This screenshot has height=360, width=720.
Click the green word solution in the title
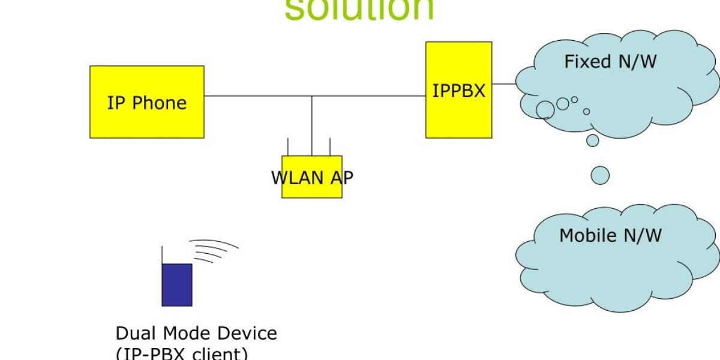point(359,9)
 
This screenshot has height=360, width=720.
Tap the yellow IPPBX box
point(458,114)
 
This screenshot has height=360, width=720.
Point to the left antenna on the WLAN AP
point(288,147)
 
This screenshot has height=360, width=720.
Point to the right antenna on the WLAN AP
point(330,147)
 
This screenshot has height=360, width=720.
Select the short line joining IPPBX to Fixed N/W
point(504,84)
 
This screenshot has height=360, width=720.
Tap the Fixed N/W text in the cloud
point(610,61)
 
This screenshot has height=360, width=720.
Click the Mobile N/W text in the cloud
point(610,235)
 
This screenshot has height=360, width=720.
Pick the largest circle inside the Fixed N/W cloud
point(545,110)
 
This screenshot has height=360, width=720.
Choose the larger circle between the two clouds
point(600,175)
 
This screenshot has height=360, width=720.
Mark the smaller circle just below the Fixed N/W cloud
point(593,140)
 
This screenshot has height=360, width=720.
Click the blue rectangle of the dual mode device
point(177,284)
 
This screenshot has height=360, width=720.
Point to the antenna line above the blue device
point(162,255)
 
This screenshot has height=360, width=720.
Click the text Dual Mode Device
point(196,333)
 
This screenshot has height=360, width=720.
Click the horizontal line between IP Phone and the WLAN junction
point(258,96)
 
